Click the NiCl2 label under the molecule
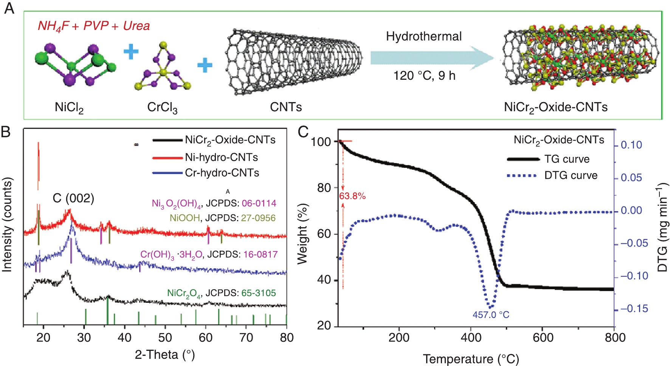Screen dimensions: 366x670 point(69,108)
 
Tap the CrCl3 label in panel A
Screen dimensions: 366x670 point(162,108)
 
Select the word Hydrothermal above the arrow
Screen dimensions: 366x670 point(423,36)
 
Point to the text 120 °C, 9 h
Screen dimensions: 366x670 point(424,76)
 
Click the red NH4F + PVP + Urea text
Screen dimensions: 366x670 point(93,26)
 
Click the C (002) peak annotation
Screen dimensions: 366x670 point(73,198)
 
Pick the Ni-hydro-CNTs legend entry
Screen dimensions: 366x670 point(221,157)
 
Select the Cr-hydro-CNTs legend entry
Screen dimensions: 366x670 point(222,173)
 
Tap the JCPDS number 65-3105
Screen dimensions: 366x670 point(259,293)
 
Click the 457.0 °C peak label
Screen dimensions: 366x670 point(491,315)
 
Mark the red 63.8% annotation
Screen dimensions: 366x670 point(352,196)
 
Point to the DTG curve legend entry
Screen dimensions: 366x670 point(571,175)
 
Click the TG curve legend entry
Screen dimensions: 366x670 point(566,159)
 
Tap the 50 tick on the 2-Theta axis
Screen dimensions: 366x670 point(165,337)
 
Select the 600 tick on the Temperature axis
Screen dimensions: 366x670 point(543,337)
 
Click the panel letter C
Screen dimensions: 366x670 point(303,132)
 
